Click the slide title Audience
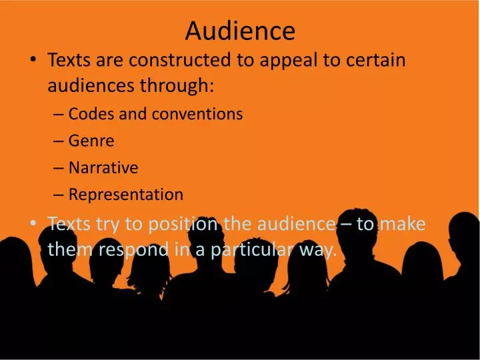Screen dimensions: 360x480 pyautogui.click(x=240, y=30)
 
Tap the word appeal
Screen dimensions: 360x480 pyautogui.click(x=283, y=61)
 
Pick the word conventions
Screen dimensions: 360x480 pyautogui.click(x=197, y=114)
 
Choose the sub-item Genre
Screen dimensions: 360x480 pyautogui.click(x=91, y=141)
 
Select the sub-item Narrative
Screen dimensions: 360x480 pyautogui.click(x=103, y=167)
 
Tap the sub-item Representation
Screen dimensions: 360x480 pyautogui.click(x=126, y=195)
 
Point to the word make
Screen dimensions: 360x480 pyautogui.click(x=401, y=224)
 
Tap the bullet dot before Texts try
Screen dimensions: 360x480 pyautogui.click(x=33, y=225)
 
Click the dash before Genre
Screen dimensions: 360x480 pyautogui.click(x=58, y=141)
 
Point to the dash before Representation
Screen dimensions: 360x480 pyautogui.click(x=58, y=195)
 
